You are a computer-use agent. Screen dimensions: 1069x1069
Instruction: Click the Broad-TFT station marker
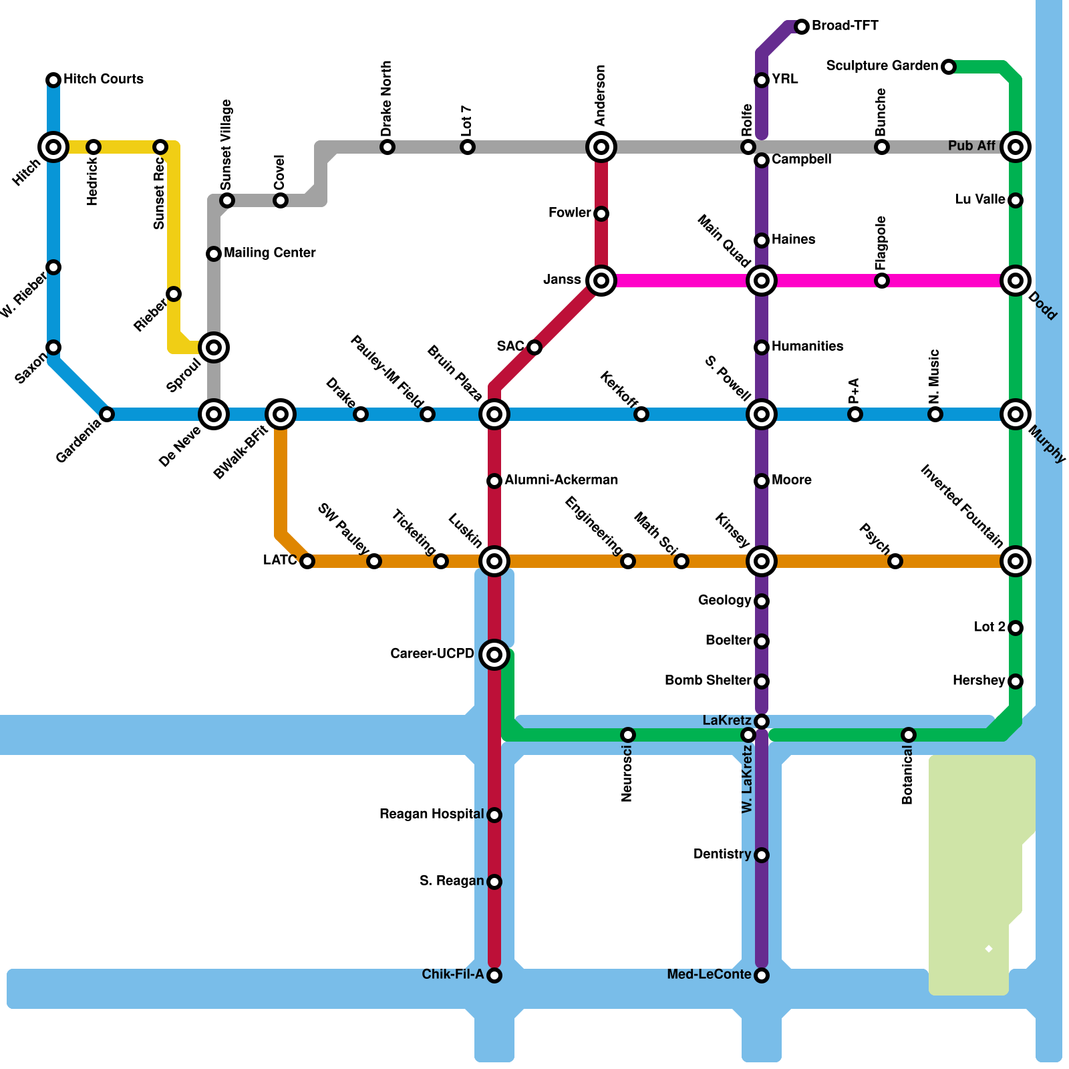(x=802, y=27)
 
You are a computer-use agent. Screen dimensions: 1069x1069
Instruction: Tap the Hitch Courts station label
(x=103, y=79)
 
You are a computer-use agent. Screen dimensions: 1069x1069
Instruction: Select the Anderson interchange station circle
(x=601, y=147)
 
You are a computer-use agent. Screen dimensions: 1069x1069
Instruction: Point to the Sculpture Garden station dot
(x=949, y=67)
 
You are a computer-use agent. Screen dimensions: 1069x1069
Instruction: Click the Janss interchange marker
(x=601, y=281)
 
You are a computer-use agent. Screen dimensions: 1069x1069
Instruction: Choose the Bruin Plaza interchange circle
(x=494, y=414)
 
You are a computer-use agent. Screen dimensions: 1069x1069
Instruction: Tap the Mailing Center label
(x=270, y=253)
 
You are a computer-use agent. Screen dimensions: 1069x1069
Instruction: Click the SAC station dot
(x=534, y=347)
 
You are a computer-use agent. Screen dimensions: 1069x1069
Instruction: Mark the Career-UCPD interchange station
(x=494, y=655)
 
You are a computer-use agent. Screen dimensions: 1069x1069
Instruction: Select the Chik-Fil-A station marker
(x=494, y=975)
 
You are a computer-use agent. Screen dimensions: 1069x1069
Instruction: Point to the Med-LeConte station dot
(x=762, y=975)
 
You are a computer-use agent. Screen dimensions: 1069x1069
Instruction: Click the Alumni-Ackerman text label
(x=561, y=480)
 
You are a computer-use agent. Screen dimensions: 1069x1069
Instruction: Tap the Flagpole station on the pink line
(x=882, y=281)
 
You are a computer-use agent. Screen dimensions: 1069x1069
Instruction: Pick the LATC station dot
(x=307, y=561)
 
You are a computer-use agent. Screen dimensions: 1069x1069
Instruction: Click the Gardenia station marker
(x=107, y=414)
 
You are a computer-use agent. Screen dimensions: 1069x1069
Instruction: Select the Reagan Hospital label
(x=432, y=814)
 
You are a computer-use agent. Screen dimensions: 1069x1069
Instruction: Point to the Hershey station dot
(x=1016, y=681)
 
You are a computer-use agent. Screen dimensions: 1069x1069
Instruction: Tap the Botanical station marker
(x=909, y=735)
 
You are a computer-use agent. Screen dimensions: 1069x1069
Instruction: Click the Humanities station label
(x=807, y=346)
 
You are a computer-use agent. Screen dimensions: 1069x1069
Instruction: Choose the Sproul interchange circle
(x=214, y=347)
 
